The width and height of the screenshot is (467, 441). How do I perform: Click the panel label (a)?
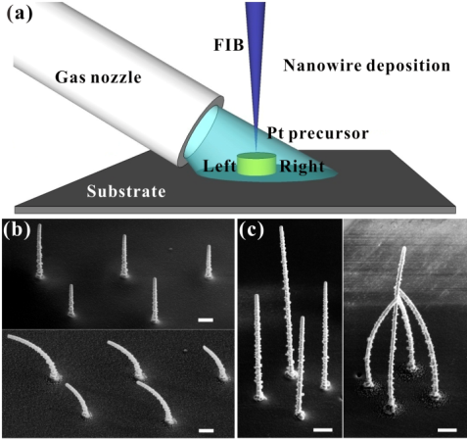pos(20,14)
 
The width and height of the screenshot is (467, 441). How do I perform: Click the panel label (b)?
pos(17,231)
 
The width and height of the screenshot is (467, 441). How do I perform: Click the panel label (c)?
pos(251,231)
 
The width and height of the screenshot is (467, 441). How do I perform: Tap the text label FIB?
pos(229,45)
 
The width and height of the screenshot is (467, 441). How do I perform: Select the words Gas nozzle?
pos(98,77)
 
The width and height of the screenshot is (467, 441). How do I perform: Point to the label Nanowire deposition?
pos(367,66)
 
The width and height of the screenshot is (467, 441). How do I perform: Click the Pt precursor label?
pos(318,133)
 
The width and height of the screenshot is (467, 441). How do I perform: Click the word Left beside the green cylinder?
pos(219,166)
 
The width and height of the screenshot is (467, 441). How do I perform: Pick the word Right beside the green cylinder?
pos(303,167)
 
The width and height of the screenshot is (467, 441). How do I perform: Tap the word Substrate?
pos(126,191)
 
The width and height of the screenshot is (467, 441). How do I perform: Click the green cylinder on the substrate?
pos(257,164)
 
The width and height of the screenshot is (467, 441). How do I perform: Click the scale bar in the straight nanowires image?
pos(206,319)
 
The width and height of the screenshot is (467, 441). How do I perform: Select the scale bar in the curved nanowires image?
pos(206,430)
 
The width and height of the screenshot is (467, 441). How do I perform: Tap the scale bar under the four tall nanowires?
pos(323,430)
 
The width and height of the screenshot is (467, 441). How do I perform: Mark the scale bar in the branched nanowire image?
pos(447,430)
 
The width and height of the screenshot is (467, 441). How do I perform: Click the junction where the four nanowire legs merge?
pos(397,297)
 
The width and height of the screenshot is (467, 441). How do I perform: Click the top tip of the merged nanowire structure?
pos(404,248)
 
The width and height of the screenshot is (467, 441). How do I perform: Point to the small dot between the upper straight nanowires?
pos(170,249)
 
